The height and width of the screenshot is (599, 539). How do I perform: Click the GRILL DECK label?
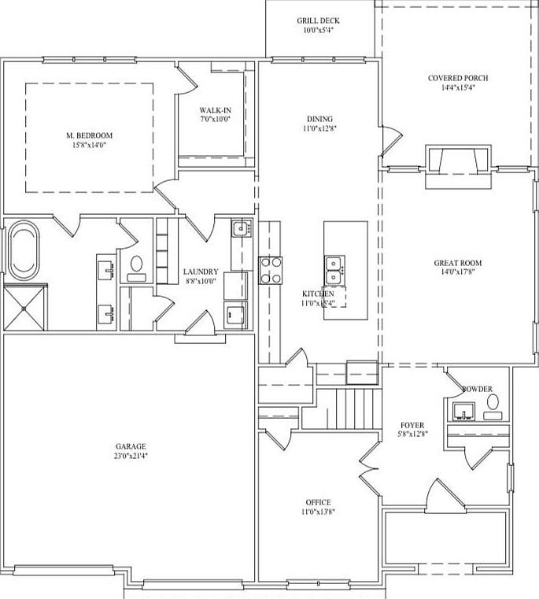coord(319,20)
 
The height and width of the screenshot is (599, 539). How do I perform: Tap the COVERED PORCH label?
coord(457,78)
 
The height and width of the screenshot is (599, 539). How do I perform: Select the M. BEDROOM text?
coord(89,135)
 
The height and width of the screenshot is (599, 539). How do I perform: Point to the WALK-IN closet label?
coord(214,110)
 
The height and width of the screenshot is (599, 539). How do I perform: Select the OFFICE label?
coord(318,502)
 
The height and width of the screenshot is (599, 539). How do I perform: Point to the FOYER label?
coord(413,425)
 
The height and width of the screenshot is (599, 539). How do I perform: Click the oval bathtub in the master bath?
coord(22,251)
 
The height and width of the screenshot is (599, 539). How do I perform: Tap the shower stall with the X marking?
coord(24,309)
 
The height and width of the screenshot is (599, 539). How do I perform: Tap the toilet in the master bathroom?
coord(136,265)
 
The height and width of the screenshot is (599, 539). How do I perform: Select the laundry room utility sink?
coord(241,230)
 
